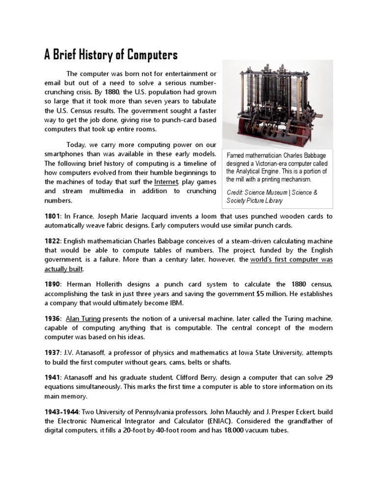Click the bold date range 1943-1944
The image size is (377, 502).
coord(62,412)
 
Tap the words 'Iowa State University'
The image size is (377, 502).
coord(261,353)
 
